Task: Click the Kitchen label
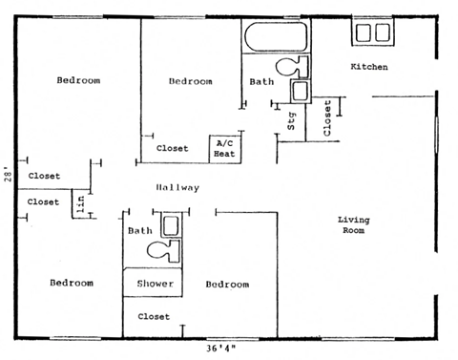(x=369, y=67)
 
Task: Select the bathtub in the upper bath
(x=276, y=39)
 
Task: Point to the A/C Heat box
(x=225, y=148)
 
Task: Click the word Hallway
(x=177, y=188)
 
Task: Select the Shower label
(x=154, y=285)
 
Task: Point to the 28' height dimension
(x=7, y=175)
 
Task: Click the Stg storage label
(x=292, y=120)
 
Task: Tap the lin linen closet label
(x=81, y=202)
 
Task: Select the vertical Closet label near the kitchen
(x=327, y=118)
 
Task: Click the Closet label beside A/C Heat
(x=172, y=148)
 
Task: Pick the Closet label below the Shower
(x=154, y=316)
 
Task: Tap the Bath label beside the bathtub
(x=261, y=82)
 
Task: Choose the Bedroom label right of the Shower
(x=226, y=285)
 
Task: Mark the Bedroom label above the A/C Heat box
(x=190, y=81)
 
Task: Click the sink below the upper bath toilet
(x=299, y=92)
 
